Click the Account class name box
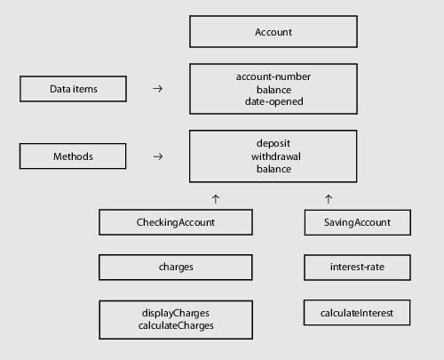(274, 32)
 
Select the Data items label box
(73, 89)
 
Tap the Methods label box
(73, 156)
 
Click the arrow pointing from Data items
(157, 88)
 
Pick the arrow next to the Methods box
(158, 156)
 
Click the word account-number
(274, 76)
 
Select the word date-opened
(274, 101)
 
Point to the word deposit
(274, 143)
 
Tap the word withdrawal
(276, 156)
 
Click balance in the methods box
(274, 169)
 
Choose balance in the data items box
(274, 90)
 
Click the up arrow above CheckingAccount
(216, 199)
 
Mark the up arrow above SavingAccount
(329, 199)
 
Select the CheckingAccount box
(176, 222)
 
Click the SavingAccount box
(358, 222)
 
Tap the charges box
(176, 267)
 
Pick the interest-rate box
(357, 268)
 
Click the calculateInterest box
(357, 313)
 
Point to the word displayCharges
(176, 313)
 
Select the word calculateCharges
(176, 325)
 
